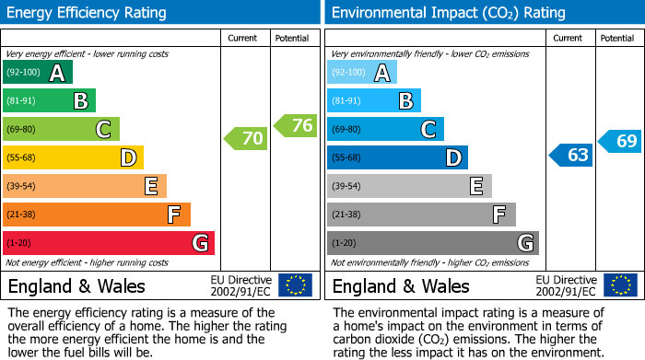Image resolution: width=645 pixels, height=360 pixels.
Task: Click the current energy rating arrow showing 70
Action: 246,139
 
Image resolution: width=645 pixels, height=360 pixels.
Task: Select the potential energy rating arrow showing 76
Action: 296,125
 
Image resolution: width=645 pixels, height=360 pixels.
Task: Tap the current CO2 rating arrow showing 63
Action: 570,155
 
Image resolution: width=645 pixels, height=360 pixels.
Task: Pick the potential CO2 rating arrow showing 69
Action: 620,141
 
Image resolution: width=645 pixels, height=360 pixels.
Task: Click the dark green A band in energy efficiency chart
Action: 38,73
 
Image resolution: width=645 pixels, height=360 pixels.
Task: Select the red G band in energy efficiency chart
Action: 109,243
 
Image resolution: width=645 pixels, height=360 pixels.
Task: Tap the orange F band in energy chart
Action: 97,215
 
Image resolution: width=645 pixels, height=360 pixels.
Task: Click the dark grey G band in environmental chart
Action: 433,243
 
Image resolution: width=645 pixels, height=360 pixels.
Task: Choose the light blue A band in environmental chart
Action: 362,73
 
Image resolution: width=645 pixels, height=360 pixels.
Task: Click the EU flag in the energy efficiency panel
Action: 295,285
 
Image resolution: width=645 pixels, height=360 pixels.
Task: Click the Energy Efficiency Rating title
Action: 88,13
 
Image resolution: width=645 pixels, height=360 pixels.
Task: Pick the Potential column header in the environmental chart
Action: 617,38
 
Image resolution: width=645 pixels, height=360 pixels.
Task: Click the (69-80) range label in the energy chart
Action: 21,130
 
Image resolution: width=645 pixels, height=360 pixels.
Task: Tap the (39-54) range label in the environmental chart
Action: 346,187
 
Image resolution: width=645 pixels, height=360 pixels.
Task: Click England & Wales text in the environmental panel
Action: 401,285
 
